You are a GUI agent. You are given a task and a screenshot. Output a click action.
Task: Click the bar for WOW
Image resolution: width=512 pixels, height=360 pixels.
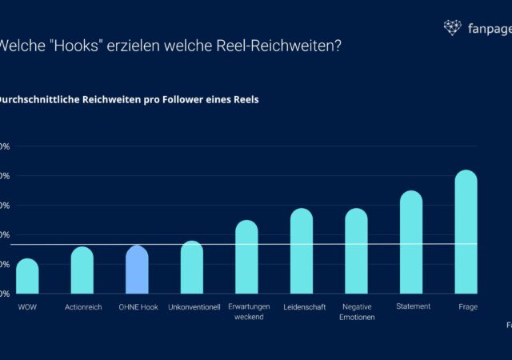[x=27, y=276]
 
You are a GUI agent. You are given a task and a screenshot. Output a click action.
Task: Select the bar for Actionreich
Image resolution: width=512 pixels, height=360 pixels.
[x=82, y=270]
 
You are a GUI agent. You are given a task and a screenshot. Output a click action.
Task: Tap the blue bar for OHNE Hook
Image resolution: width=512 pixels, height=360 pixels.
[x=137, y=270]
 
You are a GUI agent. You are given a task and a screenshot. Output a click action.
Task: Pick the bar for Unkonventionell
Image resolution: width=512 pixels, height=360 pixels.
[x=192, y=267]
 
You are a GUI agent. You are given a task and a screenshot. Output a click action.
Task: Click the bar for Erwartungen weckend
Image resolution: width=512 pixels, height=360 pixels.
[x=246, y=257]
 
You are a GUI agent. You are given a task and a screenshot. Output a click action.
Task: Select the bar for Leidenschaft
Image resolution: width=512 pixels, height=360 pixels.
[x=302, y=251]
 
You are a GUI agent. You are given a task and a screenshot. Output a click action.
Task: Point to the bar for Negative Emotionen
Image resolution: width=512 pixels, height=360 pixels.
[x=356, y=251]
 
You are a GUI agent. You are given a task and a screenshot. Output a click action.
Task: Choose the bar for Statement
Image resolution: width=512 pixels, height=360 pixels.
[x=411, y=242]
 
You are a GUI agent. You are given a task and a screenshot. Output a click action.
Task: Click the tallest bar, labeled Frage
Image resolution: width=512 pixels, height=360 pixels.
[x=466, y=232]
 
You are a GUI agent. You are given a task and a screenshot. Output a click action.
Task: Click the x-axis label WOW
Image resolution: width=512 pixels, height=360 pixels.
[x=27, y=307]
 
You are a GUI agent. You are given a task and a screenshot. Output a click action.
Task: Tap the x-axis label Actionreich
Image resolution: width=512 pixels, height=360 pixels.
[x=83, y=307]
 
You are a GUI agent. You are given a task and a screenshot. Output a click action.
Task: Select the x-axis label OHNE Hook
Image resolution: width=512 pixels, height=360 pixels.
[x=138, y=307]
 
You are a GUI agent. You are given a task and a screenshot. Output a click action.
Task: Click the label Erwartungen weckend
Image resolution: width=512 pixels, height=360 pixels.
[x=248, y=311]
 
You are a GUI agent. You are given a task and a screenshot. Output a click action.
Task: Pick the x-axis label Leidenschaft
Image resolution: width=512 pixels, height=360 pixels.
[x=304, y=307]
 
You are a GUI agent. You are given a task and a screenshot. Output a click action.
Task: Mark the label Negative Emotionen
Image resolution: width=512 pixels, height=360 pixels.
[x=357, y=311]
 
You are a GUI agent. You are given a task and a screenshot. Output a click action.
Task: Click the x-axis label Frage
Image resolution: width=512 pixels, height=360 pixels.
[x=468, y=307]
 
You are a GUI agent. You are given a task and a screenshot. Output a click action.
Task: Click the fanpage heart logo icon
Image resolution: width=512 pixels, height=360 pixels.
[x=453, y=28]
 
